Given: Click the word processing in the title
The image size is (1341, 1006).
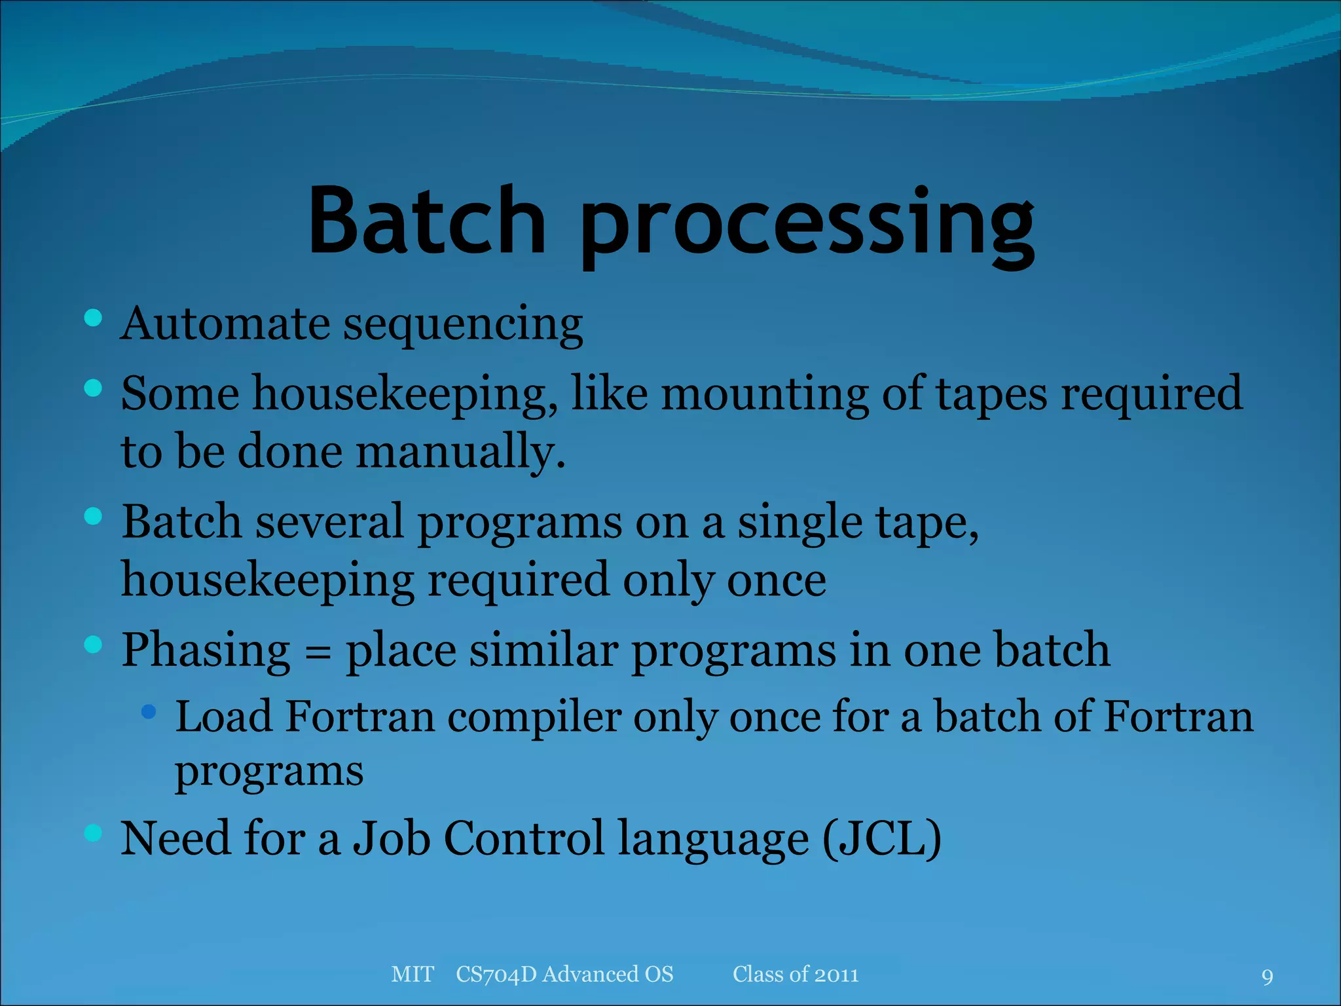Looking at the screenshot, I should point(807,226).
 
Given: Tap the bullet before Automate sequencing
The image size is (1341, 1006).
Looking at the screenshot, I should point(94,318).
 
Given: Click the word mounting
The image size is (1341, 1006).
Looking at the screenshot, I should point(764,394).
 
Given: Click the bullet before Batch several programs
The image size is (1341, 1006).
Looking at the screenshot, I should point(94,517).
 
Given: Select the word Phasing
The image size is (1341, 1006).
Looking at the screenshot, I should point(206,651).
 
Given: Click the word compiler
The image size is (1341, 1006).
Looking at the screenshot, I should point(534,718).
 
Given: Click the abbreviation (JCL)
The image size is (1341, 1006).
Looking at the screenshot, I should point(881,839).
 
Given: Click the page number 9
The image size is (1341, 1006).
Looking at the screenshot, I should point(1267,977).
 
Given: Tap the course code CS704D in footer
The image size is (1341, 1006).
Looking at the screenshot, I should point(496,975).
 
